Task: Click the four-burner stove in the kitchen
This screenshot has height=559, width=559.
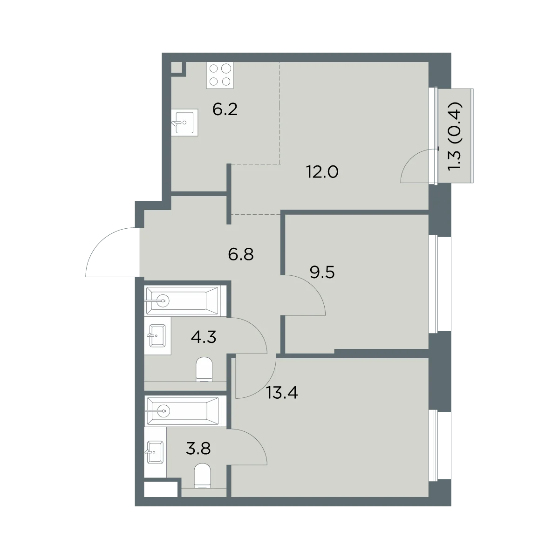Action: pos(220,75)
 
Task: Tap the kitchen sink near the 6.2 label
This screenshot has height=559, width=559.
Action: pos(184,123)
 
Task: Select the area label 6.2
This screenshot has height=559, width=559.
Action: pos(225,109)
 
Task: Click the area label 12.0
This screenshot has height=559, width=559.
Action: pos(322,172)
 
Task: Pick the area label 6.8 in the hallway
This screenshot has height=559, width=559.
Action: pos(241,254)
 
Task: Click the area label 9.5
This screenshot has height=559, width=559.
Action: pos(322,273)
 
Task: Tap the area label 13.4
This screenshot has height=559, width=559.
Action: pos(282,393)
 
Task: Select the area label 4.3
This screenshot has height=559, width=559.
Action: pos(204,337)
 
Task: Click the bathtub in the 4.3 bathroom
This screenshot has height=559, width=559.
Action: pos(182,301)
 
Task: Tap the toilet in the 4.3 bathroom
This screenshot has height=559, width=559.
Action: pos(205,369)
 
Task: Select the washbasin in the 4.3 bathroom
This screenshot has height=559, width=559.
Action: pos(157,335)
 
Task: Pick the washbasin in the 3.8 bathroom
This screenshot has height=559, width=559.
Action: pos(155,452)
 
